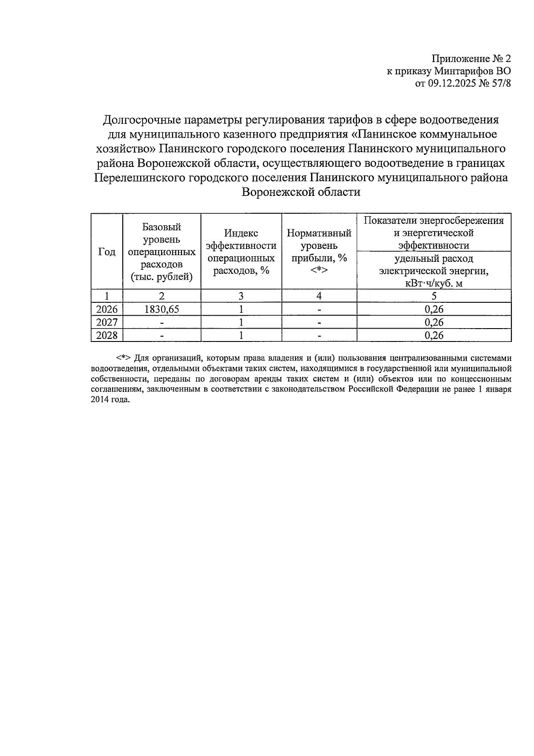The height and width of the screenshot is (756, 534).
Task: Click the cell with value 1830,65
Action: click(x=162, y=309)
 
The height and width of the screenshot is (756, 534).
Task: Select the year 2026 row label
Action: click(x=107, y=309)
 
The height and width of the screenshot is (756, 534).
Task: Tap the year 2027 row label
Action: click(x=107, y=322)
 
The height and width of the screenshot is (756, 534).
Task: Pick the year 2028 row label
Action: click(x=107, y=335)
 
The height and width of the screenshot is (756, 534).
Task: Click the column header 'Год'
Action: click(x=107, y=252)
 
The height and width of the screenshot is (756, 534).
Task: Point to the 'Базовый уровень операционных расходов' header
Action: click(x=162, y=252)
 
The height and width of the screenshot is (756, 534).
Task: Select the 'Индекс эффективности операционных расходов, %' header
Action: click(x=241, y=252)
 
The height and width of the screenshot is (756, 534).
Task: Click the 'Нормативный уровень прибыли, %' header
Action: click(x=319, y=252)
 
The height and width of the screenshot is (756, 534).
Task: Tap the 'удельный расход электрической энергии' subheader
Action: click(x=434, y=271)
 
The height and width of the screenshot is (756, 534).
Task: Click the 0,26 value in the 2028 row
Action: click(x=434, y=335)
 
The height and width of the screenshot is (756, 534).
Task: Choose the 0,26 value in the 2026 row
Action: click(x=434, y=309)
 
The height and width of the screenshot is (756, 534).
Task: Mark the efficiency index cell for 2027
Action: click(x=241, y=322)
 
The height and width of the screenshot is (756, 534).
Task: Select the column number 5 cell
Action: click(x=434, y=296)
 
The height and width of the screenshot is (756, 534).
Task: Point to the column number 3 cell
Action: click(x=241, y=296)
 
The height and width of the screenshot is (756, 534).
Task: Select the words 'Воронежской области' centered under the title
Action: click(x=301, y=192)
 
